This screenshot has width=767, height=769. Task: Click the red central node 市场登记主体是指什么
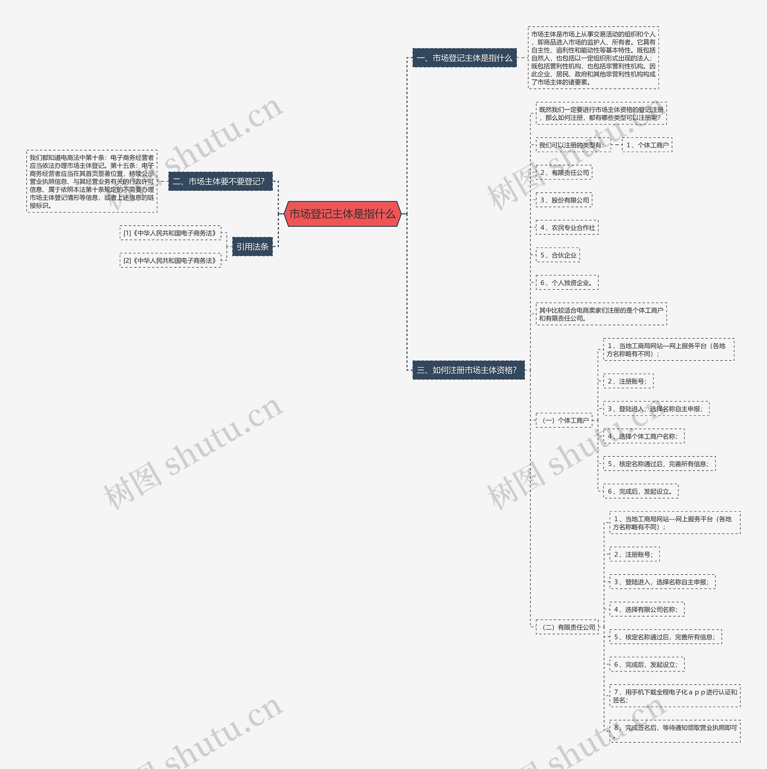(342, 214)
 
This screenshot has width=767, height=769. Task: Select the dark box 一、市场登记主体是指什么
(464, 58)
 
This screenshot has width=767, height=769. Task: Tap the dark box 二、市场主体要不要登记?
(220, 182)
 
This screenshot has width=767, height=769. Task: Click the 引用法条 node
(252, 247)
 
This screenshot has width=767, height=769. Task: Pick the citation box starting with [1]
(170, 233)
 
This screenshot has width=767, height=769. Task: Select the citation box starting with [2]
(170, 260)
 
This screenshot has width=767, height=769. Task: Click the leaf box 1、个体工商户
(647, 145)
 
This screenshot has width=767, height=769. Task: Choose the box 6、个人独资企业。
(567, 283)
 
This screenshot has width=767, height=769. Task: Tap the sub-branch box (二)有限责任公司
(567, 627)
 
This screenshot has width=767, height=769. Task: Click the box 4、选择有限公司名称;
(647, 609)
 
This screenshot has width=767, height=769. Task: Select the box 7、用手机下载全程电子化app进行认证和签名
(675, 696)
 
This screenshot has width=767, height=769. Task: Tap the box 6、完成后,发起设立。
(641, 491)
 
